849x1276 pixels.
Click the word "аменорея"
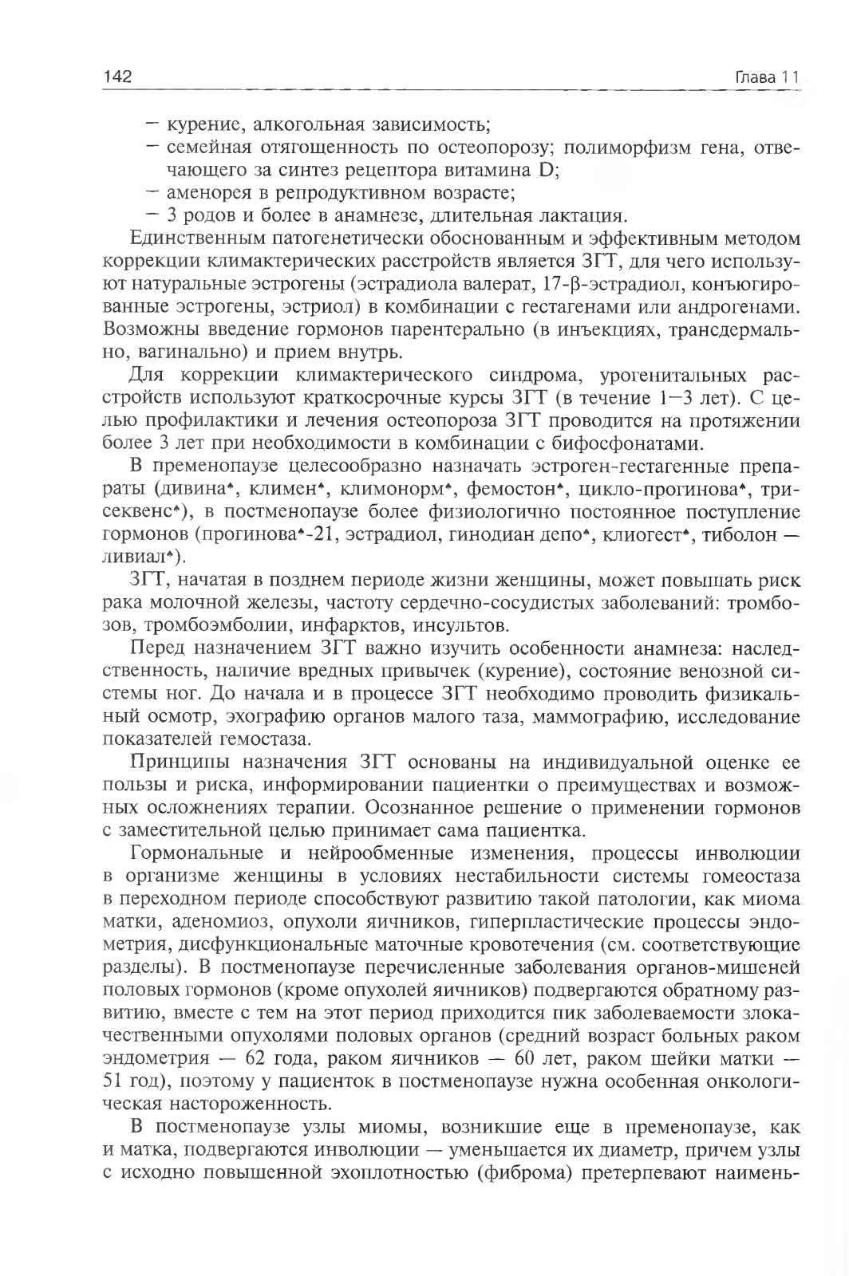(205, 192)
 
